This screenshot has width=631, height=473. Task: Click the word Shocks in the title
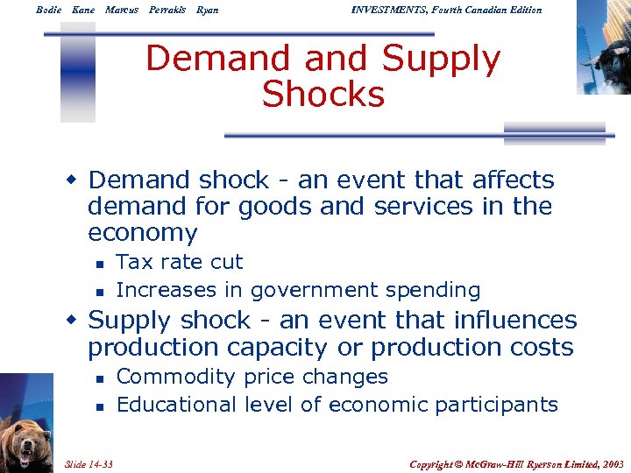[323, 94]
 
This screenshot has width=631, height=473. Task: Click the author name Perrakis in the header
[167, 10]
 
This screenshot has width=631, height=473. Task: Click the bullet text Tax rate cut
[180, 262]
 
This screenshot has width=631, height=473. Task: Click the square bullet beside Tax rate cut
[101, 263]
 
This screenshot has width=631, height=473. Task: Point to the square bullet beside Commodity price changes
[101, 378]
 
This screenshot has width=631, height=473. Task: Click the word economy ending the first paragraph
[143, 233]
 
